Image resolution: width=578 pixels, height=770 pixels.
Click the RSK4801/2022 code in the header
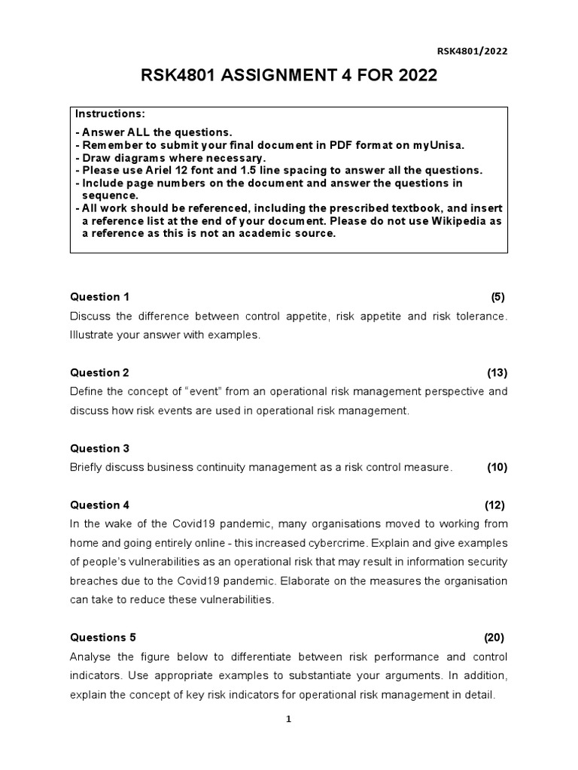click(473, 51)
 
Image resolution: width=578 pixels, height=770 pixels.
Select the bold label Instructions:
click(109, 114)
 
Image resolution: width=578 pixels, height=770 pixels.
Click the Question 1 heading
click(100, 297)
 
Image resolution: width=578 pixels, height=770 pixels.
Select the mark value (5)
click(498, 297)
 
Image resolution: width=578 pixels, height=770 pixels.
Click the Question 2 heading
click(100, 373)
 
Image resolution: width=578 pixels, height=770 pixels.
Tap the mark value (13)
click(497, 373)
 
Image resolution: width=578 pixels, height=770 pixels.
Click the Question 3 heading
click(100, 449)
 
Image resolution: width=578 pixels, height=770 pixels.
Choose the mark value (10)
click(497, 468)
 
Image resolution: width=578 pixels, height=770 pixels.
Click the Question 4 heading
click(100, 505)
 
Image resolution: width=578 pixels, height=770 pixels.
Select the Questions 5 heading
click(103, 638)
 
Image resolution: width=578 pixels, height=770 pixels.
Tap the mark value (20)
click(494, 638)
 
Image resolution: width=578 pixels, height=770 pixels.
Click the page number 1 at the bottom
click(288, 720)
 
